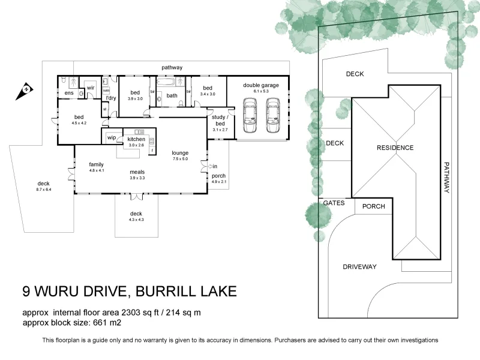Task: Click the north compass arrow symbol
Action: tap(26, 89)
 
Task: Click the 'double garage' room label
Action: tap(260, 85)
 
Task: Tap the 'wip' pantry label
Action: tap(112, 138)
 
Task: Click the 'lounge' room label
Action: tap(180, 152)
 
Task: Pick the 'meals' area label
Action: tap(137, 172)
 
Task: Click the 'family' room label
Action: tap(97, 164)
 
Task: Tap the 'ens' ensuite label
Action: tap(69, 93)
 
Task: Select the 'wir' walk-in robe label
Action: tap(91, 88)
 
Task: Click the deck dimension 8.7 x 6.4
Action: tap(44, 190)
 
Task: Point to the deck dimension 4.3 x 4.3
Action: tap(136, 220)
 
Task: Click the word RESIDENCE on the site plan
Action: tap(395, 148)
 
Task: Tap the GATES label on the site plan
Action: tap(334, 203)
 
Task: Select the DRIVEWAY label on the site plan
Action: tap(359, 266)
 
